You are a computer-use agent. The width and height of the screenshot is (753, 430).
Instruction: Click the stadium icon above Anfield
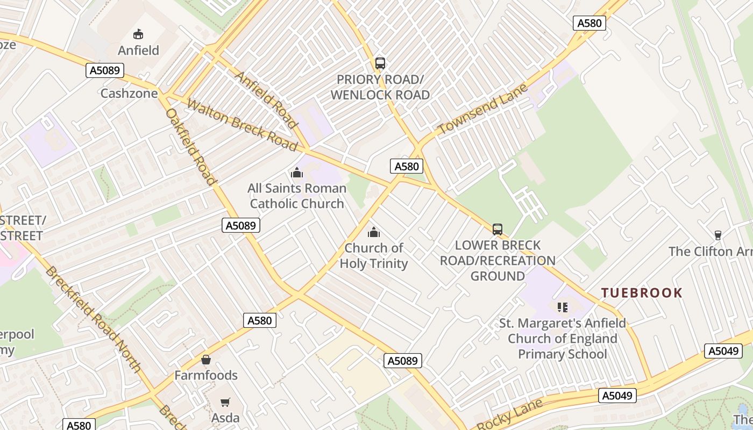(138, 34)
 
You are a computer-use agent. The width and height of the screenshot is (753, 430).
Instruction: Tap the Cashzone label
(129, 94)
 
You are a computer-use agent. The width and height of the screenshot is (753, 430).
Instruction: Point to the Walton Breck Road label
(242, 125)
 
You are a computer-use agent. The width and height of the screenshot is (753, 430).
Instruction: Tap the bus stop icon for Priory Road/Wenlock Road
(380, 63)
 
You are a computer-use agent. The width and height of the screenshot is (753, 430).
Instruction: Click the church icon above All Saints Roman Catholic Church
(296, 173)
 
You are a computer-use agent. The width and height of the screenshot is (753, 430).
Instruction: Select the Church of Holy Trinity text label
(373, 256)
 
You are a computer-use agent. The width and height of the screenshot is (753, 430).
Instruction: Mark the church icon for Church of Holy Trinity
(373, 232)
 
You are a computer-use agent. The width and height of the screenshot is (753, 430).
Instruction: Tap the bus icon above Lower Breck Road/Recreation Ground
(498, 230)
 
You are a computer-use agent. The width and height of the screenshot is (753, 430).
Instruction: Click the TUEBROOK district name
(642, 293)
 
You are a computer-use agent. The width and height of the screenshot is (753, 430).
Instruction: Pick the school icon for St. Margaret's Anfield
(563, 307)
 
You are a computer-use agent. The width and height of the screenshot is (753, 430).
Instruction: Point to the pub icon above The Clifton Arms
(718, 235)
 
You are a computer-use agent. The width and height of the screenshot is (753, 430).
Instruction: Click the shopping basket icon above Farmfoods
(206, 360)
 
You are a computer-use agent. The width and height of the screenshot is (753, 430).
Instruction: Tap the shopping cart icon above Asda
(225, 402)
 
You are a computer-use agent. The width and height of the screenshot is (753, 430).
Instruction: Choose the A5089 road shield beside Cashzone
(105, 70)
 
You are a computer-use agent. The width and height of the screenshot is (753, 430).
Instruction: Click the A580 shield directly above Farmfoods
(260, 320)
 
